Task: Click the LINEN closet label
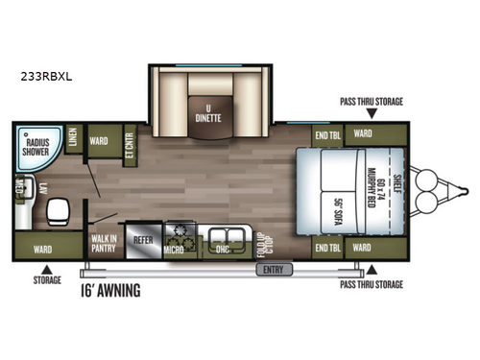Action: click(73, 142)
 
